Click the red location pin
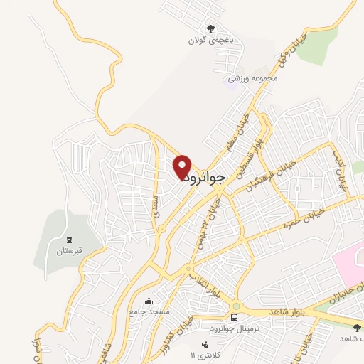point(182,166)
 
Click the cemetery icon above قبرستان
point(69,240)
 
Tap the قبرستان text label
point(69,252)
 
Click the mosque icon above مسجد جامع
point(149,301)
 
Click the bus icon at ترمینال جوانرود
point(235,317)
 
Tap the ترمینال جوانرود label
point(235,328)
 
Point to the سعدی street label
point(156,205)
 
